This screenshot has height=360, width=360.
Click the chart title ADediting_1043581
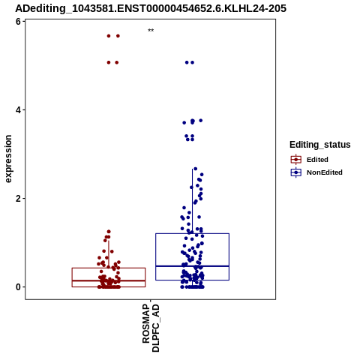pyautogui.click(x=151, y=8)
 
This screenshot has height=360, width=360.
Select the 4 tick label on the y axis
pyautogui.click(x=18, y=110)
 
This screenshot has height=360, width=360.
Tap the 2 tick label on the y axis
pyautogui.click(x=18, y=199)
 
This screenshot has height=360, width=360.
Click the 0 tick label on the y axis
pyautogui.click(x=18, y=287)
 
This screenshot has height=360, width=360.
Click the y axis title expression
pyautogui.click(x=8, y=159)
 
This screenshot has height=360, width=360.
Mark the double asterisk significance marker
pyautogui.click(x=151, y=31)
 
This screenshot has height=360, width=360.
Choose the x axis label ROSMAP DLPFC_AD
pyautogui.click(x=151, y=328)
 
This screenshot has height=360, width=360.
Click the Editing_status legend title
pyautogui.click(x=320, y=145)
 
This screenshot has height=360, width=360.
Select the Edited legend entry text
pyautogui.click(x=317, y=160)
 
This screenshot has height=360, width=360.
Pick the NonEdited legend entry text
pyautogui.click(x=325, y=172)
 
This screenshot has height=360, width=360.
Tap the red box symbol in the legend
pyautogui.click(x=296, y=160)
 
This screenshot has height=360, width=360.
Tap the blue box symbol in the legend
pyautogui.click(x=296, y=172)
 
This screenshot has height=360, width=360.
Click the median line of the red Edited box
pyautogui.click(x=109, y=280)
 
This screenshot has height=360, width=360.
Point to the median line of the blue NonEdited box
pyautogui.click(x=192, y=266)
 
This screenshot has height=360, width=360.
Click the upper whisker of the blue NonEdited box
pyautogui.click(x=192, y=201)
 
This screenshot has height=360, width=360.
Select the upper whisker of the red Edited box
pyautogui.click(x=109, y=254)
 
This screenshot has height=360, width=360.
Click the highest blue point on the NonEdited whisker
pyautogui.click(x=196, y=169)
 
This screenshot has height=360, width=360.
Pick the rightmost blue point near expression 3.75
pyautogui.click(x=201, y=121)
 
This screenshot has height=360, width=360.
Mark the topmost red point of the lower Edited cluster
pyautogui.click(x=109, y=232)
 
